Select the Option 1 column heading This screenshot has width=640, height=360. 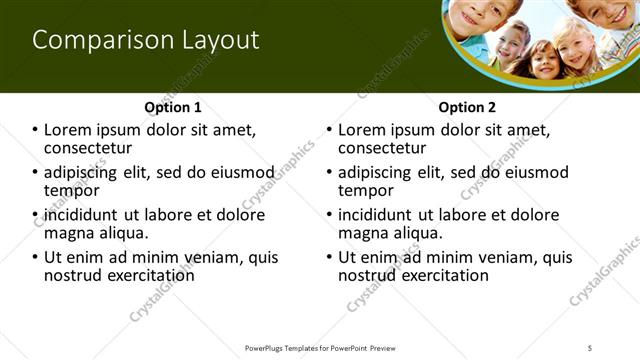pyautogui.click(x=173, y=107)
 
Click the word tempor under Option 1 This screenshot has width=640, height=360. pyautogui.click(x=71, y=190)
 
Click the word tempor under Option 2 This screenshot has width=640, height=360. pyautogui.click(x=365, y=190)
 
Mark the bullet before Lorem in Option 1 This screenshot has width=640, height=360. pyautogui.click(x=36, y=130)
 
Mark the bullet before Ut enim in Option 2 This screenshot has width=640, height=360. pyautogui.click(x=330, y=257)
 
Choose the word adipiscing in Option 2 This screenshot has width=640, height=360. pyautogui.click(x=378, y=172)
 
